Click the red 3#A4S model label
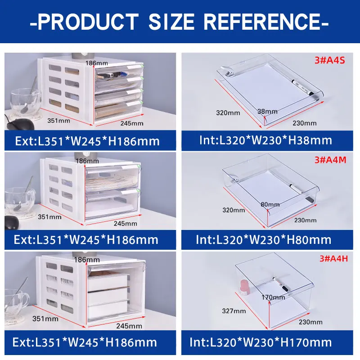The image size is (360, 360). (331, 60)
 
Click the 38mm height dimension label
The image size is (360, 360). (268, 111)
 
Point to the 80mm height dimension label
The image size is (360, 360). (270, 205)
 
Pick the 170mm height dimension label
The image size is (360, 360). (273, 297)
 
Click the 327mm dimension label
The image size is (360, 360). (234, 310)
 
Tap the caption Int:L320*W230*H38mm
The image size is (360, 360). (265, 140)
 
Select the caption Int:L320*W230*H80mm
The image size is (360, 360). (264, 239)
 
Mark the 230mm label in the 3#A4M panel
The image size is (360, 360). (306, 220)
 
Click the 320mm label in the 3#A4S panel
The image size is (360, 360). (228, 112)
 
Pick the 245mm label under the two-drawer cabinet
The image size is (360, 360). (125, 223)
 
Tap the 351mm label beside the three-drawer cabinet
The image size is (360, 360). (45, 319)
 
